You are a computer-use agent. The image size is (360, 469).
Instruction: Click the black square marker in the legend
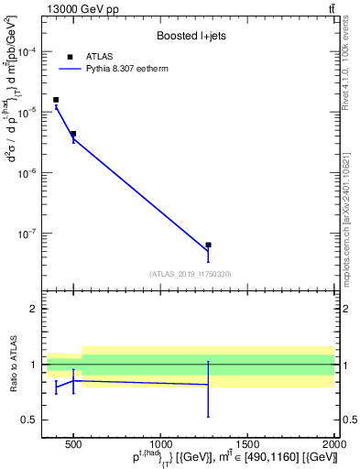[70, 56]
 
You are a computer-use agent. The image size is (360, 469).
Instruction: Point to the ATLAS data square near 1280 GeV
[208, 245]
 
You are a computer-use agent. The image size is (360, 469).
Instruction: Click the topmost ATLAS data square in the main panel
[56, 100]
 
